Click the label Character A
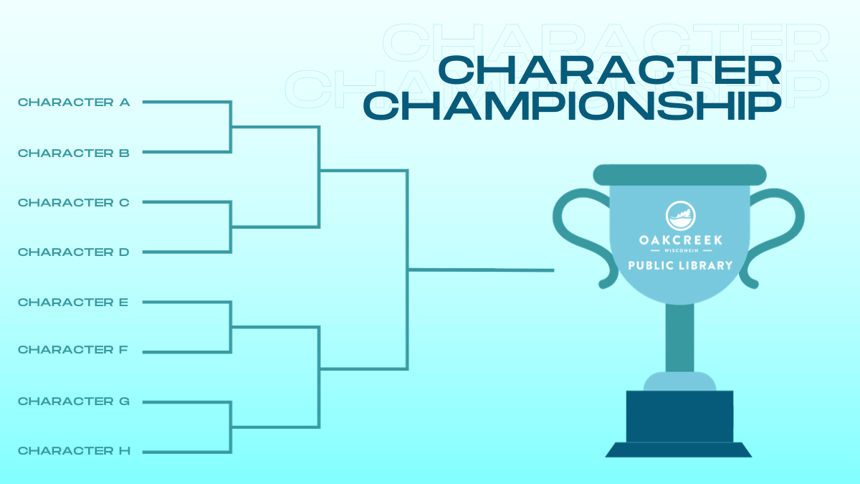point(74,103)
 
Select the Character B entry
point(74,153)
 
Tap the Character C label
point(74,203)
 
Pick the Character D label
point(74,252)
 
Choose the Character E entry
point(73,303)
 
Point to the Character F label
point(73,350)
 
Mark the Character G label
point(74,402)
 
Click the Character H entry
point(74,451)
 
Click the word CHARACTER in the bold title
point(609,71)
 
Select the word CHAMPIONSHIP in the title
point(571,105)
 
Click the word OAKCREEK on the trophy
point(680,239)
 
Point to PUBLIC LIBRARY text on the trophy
point(680,265)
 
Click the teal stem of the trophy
point(679,337)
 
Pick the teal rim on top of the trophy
point(679,174)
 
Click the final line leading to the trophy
point(480,270)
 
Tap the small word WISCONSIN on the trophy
point(680,251)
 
